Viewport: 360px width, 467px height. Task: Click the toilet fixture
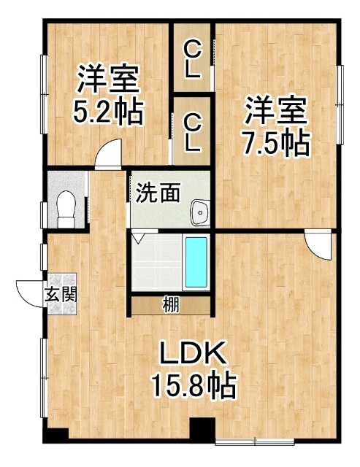pos(66,209)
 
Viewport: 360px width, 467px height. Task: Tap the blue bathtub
pos(196,263)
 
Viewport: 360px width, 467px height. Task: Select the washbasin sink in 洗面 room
pos(200,212)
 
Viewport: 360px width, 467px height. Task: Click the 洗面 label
pos(158,193)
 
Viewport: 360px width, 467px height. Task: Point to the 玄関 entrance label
pos(61,295)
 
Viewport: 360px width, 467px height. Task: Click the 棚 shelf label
pos(171,305)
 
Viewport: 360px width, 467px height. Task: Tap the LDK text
pos(192,353)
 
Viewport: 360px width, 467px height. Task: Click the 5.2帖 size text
pos(109,112)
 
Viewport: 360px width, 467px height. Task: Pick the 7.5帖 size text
pos(276,143)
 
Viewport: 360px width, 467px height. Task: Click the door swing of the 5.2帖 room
pos(108,154)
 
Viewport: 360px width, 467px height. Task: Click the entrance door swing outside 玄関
pos(30,293)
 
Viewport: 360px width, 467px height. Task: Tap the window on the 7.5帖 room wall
pos(340,104)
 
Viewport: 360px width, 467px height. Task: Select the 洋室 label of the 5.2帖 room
pos(109,79)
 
